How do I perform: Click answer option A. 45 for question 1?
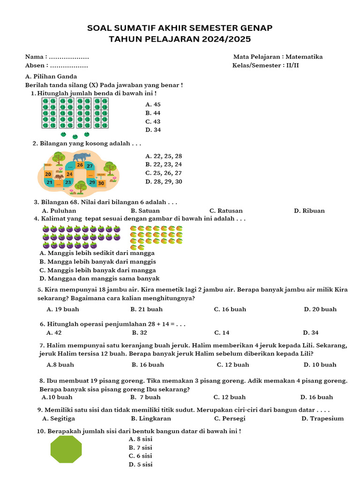(x=153, y=105)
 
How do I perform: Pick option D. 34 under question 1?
(x=153, y=130)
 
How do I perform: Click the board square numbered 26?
(x=80, y=165)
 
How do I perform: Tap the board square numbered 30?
(x=101, y=183)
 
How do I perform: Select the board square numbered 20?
(x=48, y=174)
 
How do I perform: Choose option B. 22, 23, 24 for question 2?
(x=164, y=165)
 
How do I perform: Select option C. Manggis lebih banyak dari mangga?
(x=97, y=270)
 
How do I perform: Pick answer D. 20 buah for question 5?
(x=320, y=309)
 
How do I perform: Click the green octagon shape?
(x=66, y=449)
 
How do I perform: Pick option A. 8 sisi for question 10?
(x=140, y=439)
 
